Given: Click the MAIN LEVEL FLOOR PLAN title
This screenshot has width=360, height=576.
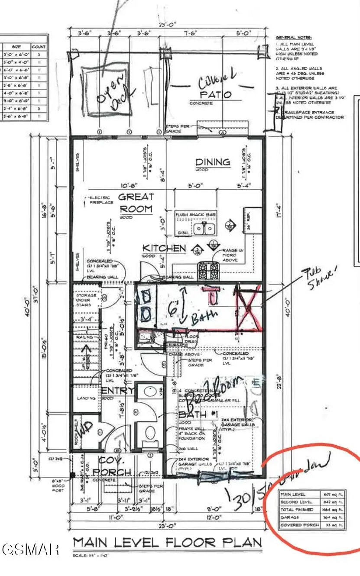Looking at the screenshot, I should pos(167,543).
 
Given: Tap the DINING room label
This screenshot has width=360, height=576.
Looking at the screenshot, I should pos(212,162).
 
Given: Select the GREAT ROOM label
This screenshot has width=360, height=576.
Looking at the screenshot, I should pos(136,203).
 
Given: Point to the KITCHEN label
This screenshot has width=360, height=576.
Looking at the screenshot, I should pos(164,248).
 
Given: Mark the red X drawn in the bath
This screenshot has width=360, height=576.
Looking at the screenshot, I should pos(248,307).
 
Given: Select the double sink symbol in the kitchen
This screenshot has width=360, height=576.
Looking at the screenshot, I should pos(204,228).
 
